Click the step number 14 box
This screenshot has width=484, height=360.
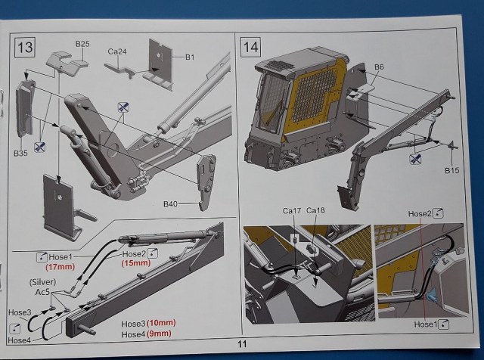point(250,47)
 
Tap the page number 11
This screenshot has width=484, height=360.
point(242,345)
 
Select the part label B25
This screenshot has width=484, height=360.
point(82,45)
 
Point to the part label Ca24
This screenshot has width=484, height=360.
point(117,51)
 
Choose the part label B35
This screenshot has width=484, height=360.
point(20,152)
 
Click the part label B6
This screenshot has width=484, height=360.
point(379,68)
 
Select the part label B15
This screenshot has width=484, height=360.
point(451,170)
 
